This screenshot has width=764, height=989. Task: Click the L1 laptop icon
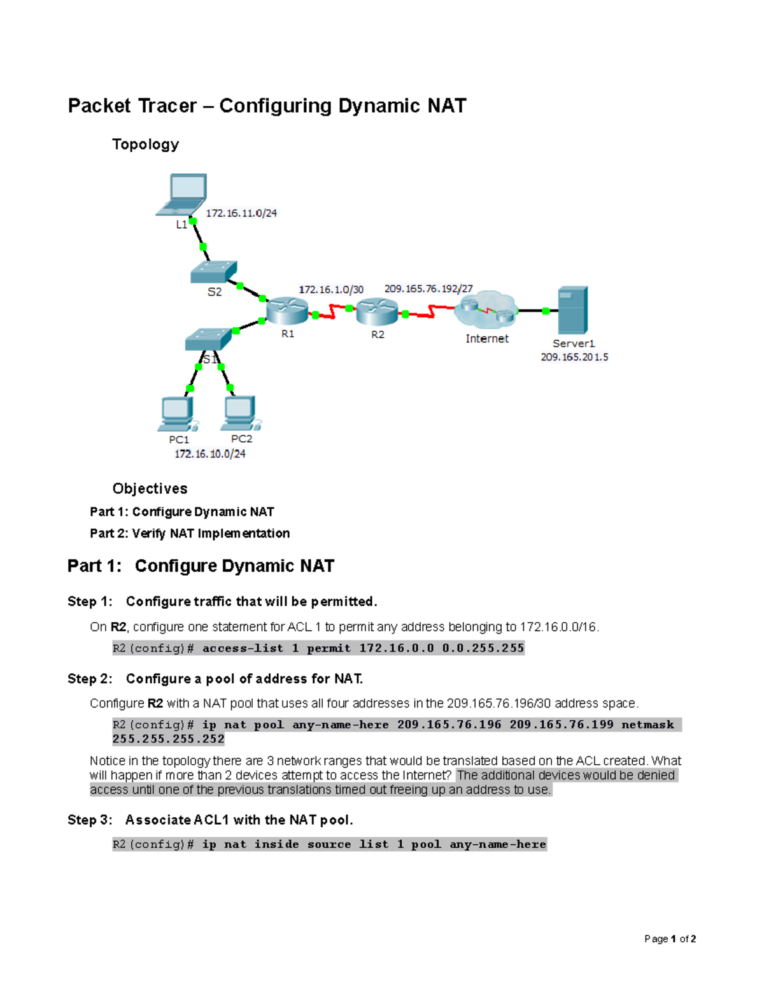(183, 194)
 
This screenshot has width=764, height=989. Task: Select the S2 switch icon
(214, 272)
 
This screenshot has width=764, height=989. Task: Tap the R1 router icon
(286, 311)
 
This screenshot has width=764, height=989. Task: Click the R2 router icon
(377, 311)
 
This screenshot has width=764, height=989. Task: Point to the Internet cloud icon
(486, 310)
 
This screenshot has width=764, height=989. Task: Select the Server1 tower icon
(572, 310)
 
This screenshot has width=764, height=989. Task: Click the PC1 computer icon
(177, 414)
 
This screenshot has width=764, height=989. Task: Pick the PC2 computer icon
(239, 413)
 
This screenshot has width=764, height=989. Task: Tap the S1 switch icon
(208, 339)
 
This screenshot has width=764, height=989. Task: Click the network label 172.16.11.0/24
(241, 213)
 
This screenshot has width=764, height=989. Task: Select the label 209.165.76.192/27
(428, 288)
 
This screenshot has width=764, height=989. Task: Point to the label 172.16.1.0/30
(331, 290)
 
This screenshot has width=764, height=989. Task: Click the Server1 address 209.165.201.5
(574, 357)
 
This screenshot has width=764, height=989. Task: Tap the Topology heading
(145, 145)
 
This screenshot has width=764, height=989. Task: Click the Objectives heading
(150, 488)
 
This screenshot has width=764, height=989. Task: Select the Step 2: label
(90, 679)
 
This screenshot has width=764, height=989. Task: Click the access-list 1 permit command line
(318, 648)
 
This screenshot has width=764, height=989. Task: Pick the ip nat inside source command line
(329, 844)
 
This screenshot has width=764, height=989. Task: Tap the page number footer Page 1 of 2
(670, 939)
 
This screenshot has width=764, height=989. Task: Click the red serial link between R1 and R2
(332, 313)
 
